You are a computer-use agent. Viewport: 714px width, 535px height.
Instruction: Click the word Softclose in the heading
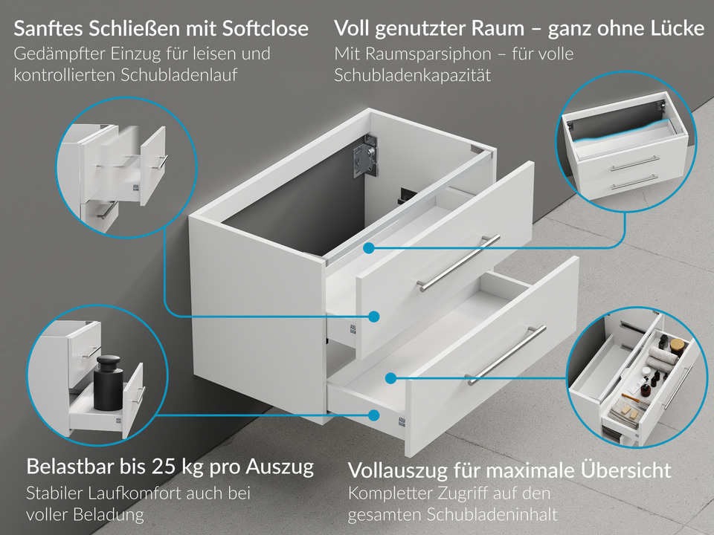click(x=266, y=29)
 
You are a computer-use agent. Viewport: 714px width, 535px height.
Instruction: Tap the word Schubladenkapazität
click(x=413, y=76)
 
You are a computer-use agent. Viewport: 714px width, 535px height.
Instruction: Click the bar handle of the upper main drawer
click(x=458, y=262)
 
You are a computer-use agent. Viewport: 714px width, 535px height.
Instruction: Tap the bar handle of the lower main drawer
click(x=506, y=354)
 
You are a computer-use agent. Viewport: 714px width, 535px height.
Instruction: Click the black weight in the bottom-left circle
click(x=109, y=382)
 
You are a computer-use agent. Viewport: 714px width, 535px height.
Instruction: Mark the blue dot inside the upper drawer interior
click(x=370, y=247)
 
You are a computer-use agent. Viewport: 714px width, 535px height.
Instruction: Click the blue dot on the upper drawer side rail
click(x=373, y=317)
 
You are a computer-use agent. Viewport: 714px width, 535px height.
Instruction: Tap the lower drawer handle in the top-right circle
click(x=634, y=181)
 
